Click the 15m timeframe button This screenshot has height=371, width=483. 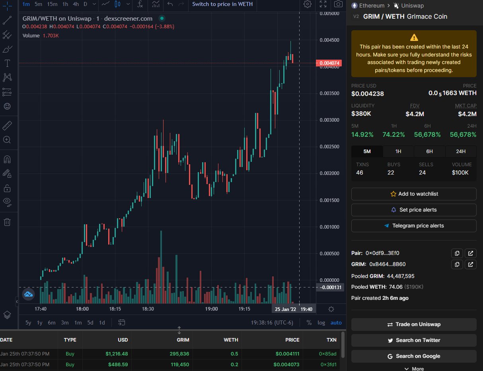pyautogui.click(x=52, y=4)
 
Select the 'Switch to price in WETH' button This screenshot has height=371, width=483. pyautogui.click(x=222, y=4)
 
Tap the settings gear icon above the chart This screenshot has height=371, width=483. pyautogui.click(x=307, y=4)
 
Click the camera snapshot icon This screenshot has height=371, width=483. pyautogui.click(x=338, y=4)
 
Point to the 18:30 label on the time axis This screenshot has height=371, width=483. pyautogui.click(x=148, y=309)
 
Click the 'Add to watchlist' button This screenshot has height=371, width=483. pyautogui.click(x=414, y=194)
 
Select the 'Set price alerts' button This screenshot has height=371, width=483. pyautogui.click(x=414, y=210)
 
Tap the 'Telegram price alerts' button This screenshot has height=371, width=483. pyautogui.click(x=414, y=226)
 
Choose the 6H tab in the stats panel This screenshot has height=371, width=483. pyautogui.click(x=429, y=152)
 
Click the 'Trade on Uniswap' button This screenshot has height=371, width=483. pyautogui.click(x=414, y=324)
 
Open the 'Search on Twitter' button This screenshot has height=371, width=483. pyautogui.click(x=414, y=340)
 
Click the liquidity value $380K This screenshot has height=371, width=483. pyautogui.click(x=361, y=114)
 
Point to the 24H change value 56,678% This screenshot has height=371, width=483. pyautogui.click(x=463, y=135)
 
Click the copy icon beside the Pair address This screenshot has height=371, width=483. pyautogui.click(x=457, y=253)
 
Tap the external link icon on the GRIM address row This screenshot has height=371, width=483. pyautogui.click(x=471, y=264)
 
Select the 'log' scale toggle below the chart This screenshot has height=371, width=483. pyautogui.click(x=321, y=322)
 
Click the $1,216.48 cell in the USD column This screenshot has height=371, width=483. pyautogui.click(x=117, y=354)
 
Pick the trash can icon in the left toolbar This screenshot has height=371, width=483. pyautogui.click(x=7, y=222)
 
